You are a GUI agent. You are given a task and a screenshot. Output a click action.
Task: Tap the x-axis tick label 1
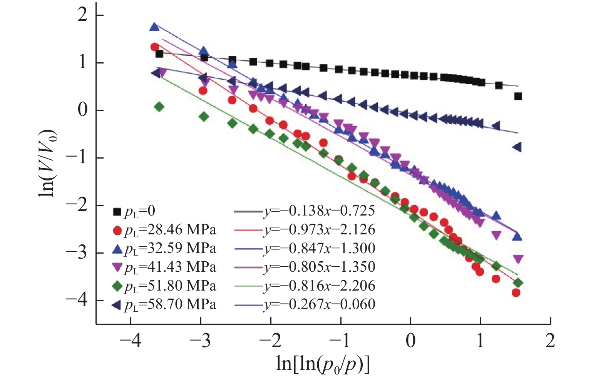click(480, 341)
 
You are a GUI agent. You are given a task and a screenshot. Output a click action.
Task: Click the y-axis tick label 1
click(83, 63)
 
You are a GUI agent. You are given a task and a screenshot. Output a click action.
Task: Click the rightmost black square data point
click(518, 96)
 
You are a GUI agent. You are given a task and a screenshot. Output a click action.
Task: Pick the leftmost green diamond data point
click(159, 107)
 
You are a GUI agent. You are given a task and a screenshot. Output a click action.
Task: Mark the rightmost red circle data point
click(516, 293)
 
